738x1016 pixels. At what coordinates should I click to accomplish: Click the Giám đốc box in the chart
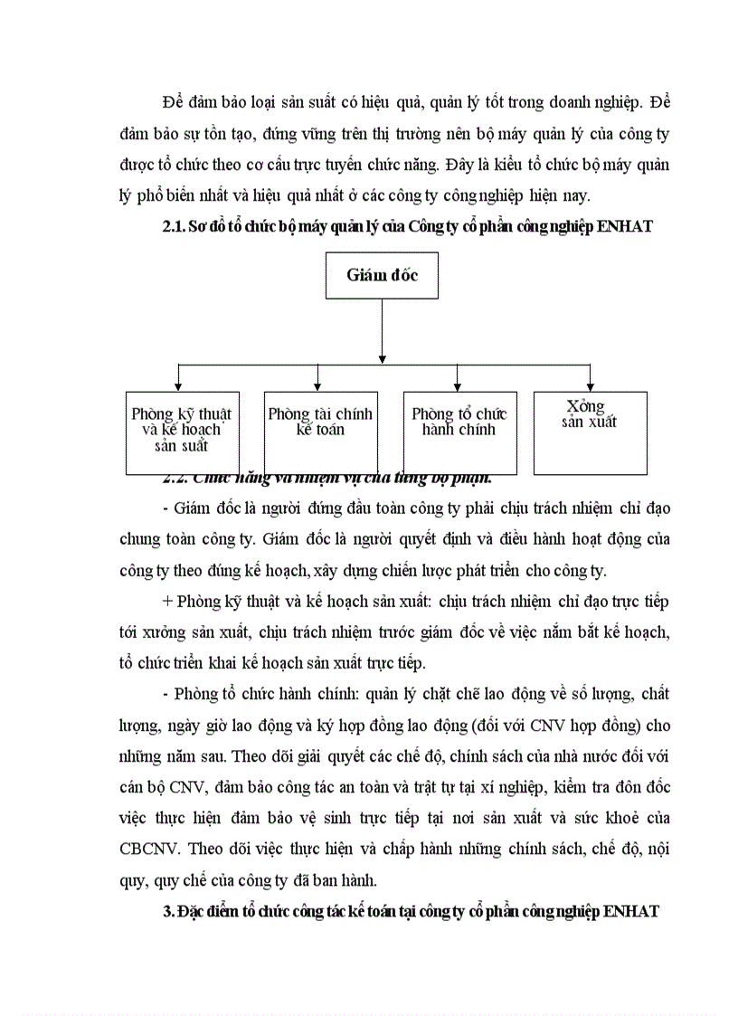[382, 276]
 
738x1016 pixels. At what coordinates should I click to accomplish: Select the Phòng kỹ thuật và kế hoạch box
[182, 432]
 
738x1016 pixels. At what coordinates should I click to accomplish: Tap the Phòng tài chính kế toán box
[320, 432]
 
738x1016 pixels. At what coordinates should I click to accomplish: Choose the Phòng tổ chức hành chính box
[459, 432]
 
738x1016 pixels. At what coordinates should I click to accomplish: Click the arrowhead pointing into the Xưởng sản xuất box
[590, 386]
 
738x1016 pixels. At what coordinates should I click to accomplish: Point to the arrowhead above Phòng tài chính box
[317, 386]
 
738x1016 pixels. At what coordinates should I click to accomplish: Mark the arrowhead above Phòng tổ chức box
[458, 386]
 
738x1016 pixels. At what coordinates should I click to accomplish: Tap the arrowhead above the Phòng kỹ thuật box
[179, 386]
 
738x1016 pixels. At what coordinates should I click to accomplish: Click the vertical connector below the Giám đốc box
[382, 331]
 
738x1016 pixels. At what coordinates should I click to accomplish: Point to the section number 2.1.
[171, 227]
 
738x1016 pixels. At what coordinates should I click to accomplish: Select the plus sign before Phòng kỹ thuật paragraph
[168, 602]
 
